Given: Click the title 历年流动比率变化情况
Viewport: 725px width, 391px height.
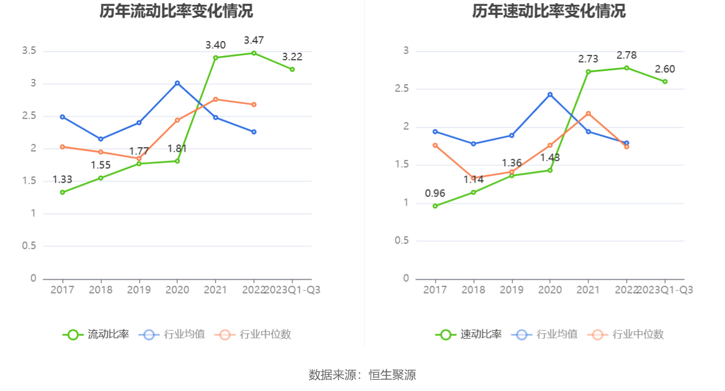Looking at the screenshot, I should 176,11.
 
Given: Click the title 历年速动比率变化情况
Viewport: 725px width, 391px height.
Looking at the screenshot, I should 549,11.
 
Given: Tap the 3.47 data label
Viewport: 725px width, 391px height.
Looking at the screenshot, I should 254,40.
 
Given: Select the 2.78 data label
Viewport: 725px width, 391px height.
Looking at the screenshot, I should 626,55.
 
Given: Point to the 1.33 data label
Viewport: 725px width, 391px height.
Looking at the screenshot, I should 62,180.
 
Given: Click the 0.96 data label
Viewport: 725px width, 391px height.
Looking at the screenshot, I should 435,193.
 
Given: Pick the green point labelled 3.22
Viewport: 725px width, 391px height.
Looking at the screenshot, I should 292,69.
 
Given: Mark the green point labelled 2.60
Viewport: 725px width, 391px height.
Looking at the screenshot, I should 665,82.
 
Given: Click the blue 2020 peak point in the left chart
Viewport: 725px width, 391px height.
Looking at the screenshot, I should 177,83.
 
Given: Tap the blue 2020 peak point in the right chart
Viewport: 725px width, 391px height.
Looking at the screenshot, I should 550,95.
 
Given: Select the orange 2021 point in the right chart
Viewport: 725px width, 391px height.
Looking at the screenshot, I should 588,113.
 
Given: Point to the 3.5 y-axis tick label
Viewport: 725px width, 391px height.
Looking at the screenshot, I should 29,51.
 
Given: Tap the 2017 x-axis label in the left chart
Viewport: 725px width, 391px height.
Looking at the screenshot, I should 62,290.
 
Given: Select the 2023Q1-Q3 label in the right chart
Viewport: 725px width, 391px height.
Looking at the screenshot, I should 665,290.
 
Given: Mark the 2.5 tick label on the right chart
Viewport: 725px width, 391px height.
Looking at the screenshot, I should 401,89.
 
